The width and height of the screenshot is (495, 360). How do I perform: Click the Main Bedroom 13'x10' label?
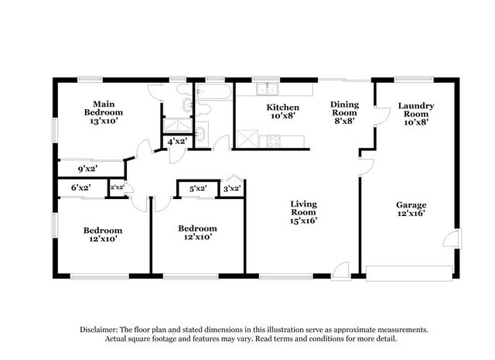103,112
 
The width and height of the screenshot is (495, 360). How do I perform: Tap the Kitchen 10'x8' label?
282,111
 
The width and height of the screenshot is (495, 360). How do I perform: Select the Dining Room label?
344,112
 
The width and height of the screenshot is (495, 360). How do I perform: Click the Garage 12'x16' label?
411,209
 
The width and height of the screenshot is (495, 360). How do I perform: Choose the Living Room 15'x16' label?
303,212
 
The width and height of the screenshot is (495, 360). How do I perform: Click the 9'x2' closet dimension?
87,169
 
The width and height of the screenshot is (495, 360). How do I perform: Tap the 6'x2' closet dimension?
81,188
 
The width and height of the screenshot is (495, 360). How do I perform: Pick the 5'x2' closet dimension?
198,189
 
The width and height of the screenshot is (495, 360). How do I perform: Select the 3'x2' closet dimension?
232,189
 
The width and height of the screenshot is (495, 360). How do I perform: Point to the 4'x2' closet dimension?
177,141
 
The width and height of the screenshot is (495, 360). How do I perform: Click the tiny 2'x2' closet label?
117,187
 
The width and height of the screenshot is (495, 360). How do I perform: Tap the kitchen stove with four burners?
273,141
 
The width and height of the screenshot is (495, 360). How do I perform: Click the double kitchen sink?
267,89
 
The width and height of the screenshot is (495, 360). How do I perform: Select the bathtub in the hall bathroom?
213,91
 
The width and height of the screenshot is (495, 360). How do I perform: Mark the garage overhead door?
409,273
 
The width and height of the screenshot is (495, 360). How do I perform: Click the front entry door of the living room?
341,271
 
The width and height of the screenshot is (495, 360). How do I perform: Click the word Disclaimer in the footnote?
99,330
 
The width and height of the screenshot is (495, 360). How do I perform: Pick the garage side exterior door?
452,238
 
